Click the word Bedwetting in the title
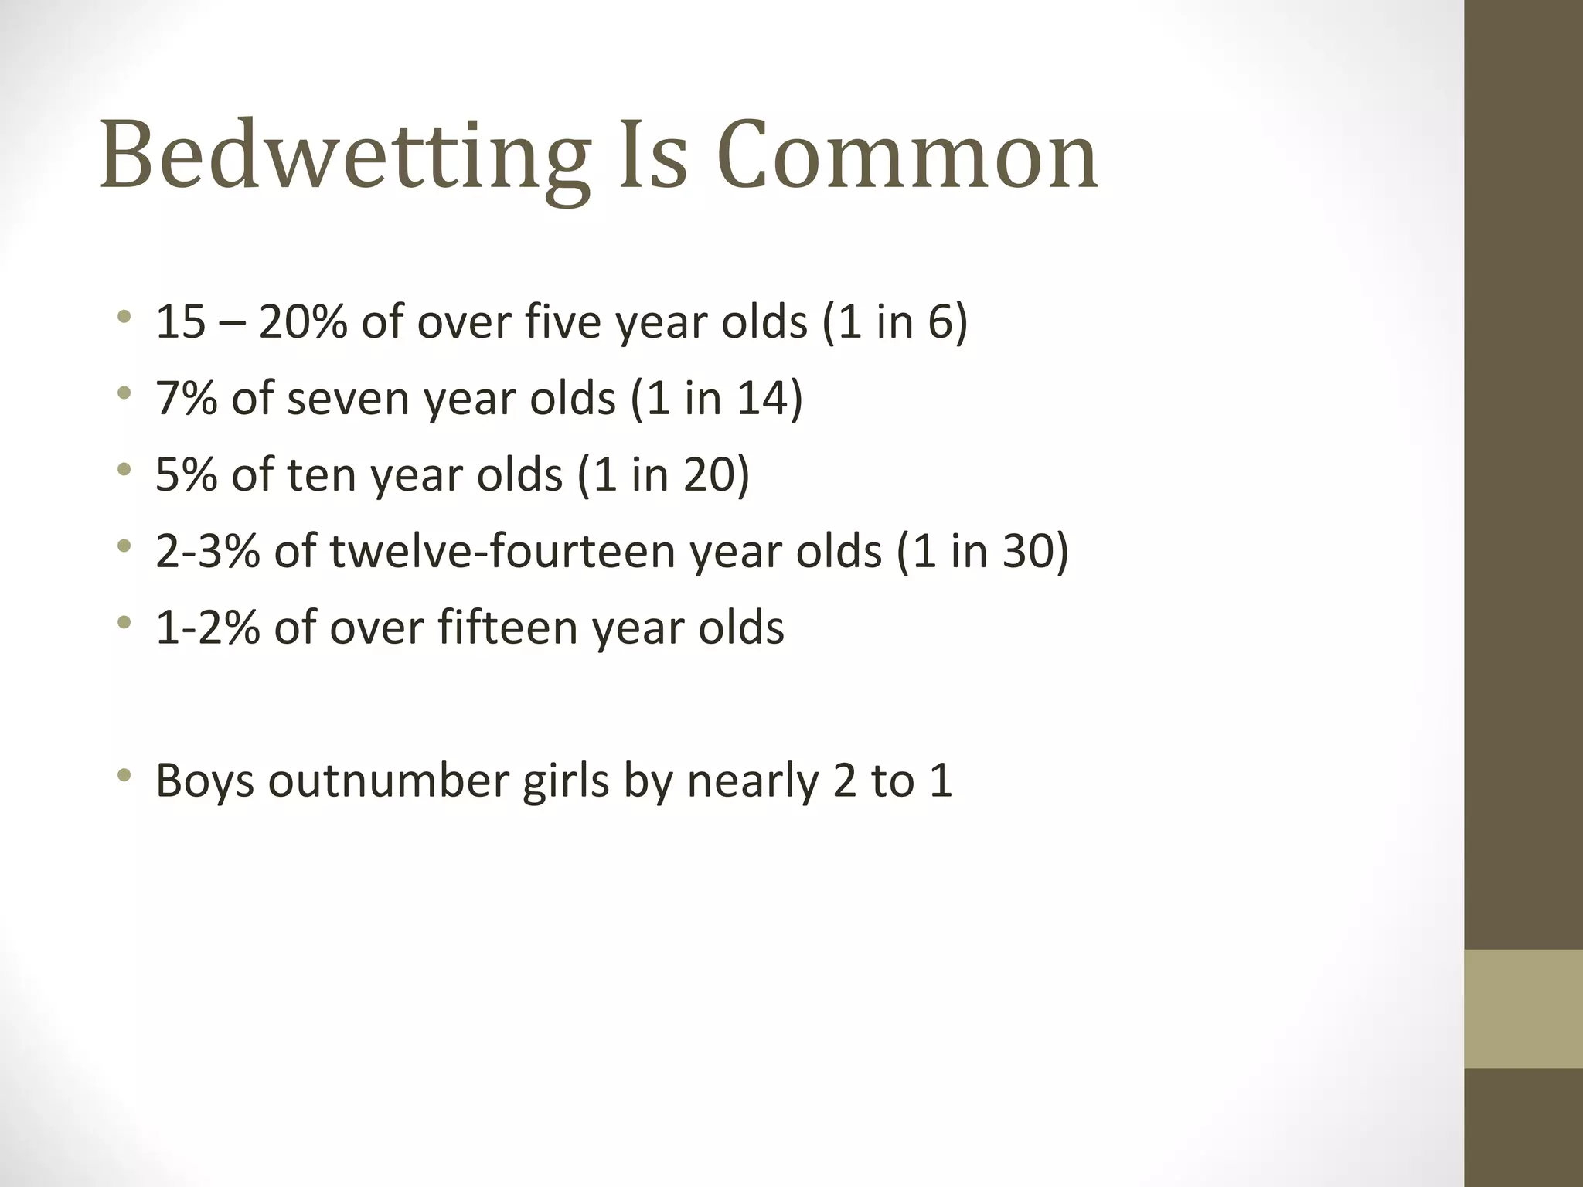pyautogui.click(x=345, y=157)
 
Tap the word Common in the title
pyautogui.click(x=907, y=157)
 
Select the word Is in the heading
pyautogui.click(x=653, y=157)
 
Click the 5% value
pyautogui.click(x=186, y=474)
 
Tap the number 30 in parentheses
pyautogui.click(x=1026, y=551)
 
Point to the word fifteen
pyautogui.click(x=507, y=627)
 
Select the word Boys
pyautogui.click(x=205, y=781)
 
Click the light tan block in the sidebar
pyautogui.click(x=1523, y=1008)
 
